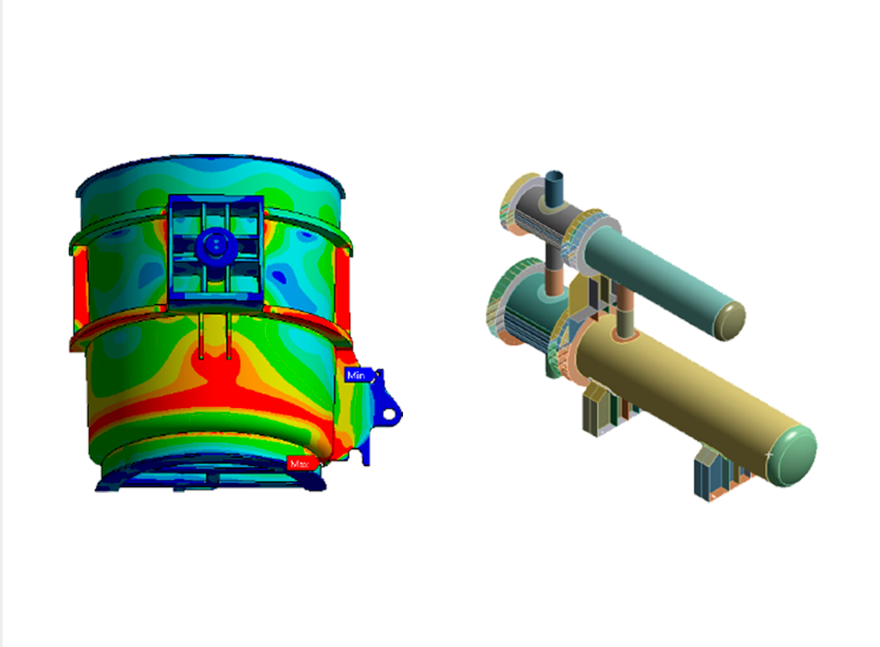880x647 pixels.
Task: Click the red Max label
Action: [301, 463]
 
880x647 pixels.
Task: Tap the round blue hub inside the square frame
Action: [215, 245]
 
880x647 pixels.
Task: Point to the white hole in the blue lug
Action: [388, 415]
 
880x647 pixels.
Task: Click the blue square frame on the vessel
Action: [216, 251]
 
